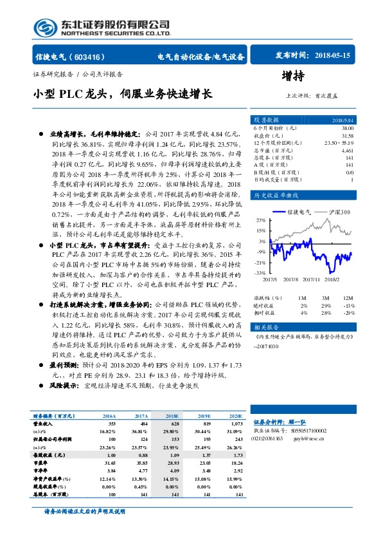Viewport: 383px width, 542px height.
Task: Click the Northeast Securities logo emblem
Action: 44,27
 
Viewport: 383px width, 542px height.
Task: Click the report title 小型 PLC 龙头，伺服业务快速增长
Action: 122,94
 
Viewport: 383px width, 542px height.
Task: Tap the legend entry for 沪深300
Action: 336,212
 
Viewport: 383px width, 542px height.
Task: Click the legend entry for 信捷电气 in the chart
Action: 298,212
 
